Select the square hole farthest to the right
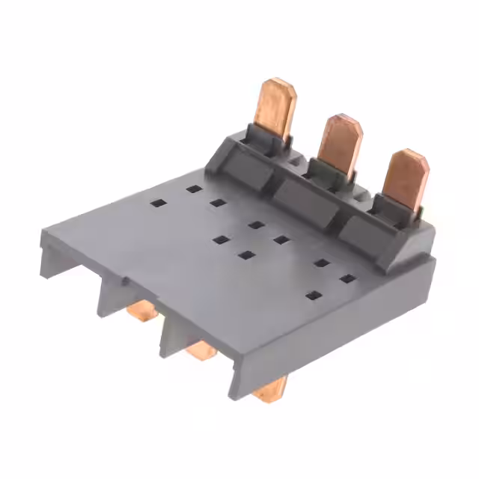click(x=347, y=279)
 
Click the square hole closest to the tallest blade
click(x=192, y=189)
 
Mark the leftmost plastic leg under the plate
click(x=49, y=258)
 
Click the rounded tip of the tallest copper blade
click(x=283, y=83)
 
